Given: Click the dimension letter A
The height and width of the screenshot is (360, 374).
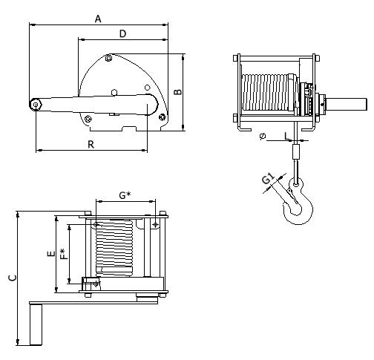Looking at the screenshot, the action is [x=98, y=19].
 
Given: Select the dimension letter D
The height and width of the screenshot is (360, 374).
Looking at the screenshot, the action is [x=122, y=33].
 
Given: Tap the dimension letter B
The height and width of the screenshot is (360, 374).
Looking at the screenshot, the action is [x=177, y=91].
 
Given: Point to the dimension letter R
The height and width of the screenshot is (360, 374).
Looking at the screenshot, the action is [x=91, y=144].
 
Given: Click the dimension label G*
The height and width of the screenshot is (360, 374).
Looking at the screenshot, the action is [x=125, y=195].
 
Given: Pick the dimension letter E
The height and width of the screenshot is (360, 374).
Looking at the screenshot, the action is [x=51, y=254].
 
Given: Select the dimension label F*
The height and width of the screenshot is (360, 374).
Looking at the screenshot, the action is [x=64, y=254].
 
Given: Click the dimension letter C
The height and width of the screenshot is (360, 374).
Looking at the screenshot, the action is [x=13, y=278].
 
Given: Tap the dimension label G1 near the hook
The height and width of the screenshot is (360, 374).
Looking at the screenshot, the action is [x=268, y=179].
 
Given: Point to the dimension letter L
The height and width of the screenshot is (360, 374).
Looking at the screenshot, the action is [x=286, y=136].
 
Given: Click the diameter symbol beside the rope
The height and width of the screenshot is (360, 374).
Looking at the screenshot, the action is [x=263, y=136].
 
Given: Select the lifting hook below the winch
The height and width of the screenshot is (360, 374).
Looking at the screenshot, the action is [x=298, y=201].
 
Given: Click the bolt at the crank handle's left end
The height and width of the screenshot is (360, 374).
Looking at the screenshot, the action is [x=36, y=105].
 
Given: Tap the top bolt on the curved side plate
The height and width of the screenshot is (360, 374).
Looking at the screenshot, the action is [x=108, y=59].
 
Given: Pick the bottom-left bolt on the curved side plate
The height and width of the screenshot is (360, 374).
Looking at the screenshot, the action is [x=88, y=119].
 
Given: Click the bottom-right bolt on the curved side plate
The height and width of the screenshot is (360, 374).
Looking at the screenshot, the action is [x=162, y=117].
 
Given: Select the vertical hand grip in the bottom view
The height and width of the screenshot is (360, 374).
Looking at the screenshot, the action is [x=36, y=324].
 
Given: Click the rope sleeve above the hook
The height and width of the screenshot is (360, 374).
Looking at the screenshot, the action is [x=296, y=151].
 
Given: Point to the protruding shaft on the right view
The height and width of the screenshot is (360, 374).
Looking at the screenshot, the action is [x=347, y=105].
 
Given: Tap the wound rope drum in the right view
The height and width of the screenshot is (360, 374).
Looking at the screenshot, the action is [x=269, y=92].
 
